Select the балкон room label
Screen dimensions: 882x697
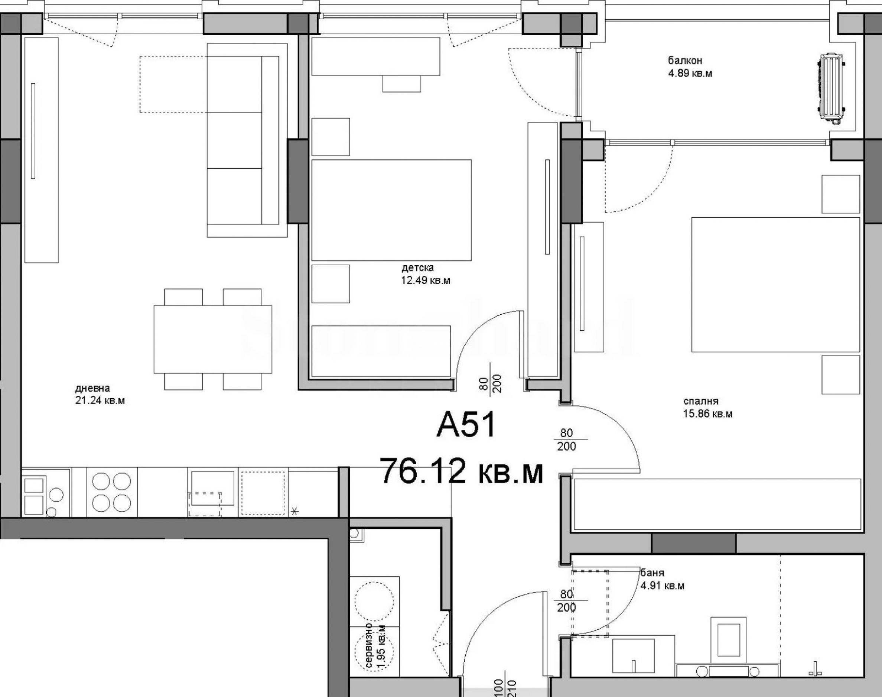pos(685,61)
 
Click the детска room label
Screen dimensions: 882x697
pos(417,268)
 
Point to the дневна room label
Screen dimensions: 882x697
pos(92,388)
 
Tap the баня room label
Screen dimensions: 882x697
pos(652,573)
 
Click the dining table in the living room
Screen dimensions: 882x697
pos(212,339)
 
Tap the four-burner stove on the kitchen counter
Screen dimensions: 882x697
pos(112,493)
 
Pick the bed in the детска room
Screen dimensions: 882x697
pos(391,210)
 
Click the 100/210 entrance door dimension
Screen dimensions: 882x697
pos(504,688)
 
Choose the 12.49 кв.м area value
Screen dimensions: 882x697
pos(426,281)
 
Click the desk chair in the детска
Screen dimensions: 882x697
pos(401,84)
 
